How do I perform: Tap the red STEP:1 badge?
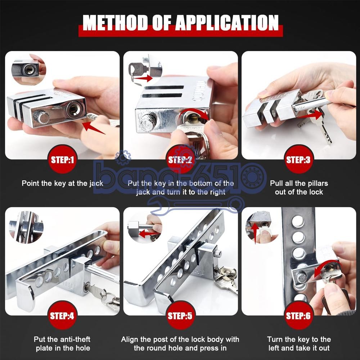pos(62,159)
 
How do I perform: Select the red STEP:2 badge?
pos(180,159)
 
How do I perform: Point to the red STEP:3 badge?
pos(298,159)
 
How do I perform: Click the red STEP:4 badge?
pos(62,316)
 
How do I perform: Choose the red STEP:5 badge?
pos(180,316)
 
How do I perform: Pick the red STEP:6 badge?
pos(298,316)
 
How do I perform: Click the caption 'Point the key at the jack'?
pos(62,183)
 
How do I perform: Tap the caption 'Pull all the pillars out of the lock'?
pos(299,188)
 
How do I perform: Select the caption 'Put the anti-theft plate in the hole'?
pos(62,344)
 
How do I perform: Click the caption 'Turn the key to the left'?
pos(299,339)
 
